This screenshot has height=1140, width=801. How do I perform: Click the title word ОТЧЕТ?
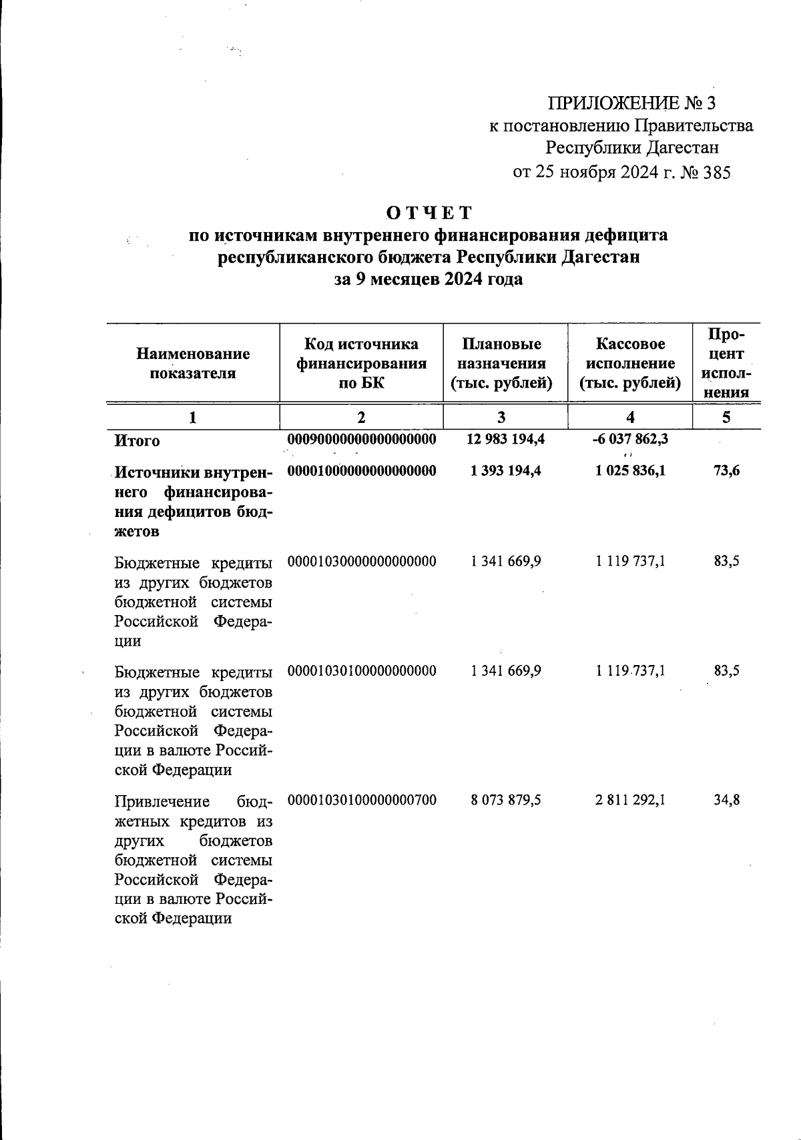[429, 213]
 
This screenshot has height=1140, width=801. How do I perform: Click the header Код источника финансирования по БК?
[361, 364]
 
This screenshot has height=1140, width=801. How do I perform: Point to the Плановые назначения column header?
[501, 364]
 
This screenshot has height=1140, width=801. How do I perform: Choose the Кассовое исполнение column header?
[630, 364]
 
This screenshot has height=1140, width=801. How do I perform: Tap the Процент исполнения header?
[726, 362]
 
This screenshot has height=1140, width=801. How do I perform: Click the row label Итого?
[137, 441]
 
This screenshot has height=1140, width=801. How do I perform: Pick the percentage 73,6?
[726, 471]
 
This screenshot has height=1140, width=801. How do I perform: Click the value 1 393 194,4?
[505, 471]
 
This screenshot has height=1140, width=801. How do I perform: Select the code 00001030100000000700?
[361, 800]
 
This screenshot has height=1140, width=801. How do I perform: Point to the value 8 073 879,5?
[505, 800]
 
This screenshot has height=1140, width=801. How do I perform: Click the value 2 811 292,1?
[630, 800]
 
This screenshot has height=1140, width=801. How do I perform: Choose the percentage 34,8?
[726, 800]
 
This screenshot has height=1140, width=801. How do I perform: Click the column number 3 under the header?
[501, 418]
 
